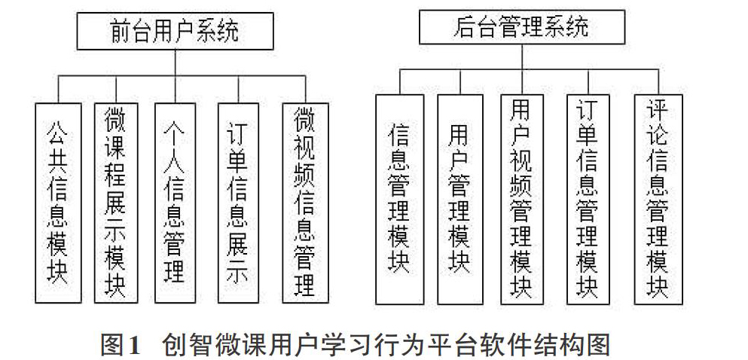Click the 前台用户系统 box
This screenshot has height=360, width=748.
click(175, 31)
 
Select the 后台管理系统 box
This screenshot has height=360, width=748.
click(522, 27)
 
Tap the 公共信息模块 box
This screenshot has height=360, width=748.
click(58, 203)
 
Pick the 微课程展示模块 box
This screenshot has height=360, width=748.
click(116, 203)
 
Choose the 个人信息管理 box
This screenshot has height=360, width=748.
click(175, 203)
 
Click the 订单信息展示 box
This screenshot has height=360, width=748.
click(238, 203)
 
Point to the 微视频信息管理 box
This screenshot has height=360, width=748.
click(305, 203)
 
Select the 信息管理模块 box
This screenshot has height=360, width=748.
click(400, 200)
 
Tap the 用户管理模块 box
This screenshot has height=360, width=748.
click(460, 200)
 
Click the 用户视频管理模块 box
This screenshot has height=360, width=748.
click(522, 200)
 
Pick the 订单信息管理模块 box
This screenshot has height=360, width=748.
click(588, 200)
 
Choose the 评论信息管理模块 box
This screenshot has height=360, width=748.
click(658, 200)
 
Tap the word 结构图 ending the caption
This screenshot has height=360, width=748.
click(579, 343)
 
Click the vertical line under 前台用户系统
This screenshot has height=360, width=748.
click(175, 63)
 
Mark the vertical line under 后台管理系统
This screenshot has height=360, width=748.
click(522, 56)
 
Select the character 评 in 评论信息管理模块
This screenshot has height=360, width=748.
click(658, 110)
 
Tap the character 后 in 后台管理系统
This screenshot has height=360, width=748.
click(463, 28)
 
